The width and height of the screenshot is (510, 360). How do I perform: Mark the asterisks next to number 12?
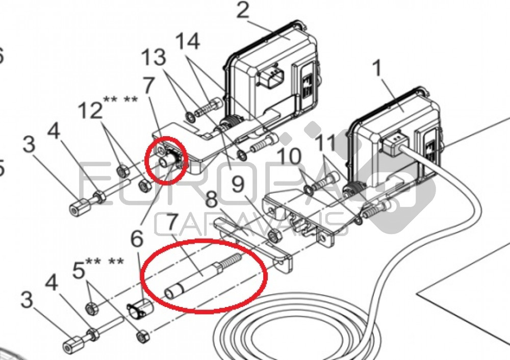(x=120, y=99)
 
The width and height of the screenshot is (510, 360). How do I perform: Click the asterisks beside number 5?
(x=105, y=262)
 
